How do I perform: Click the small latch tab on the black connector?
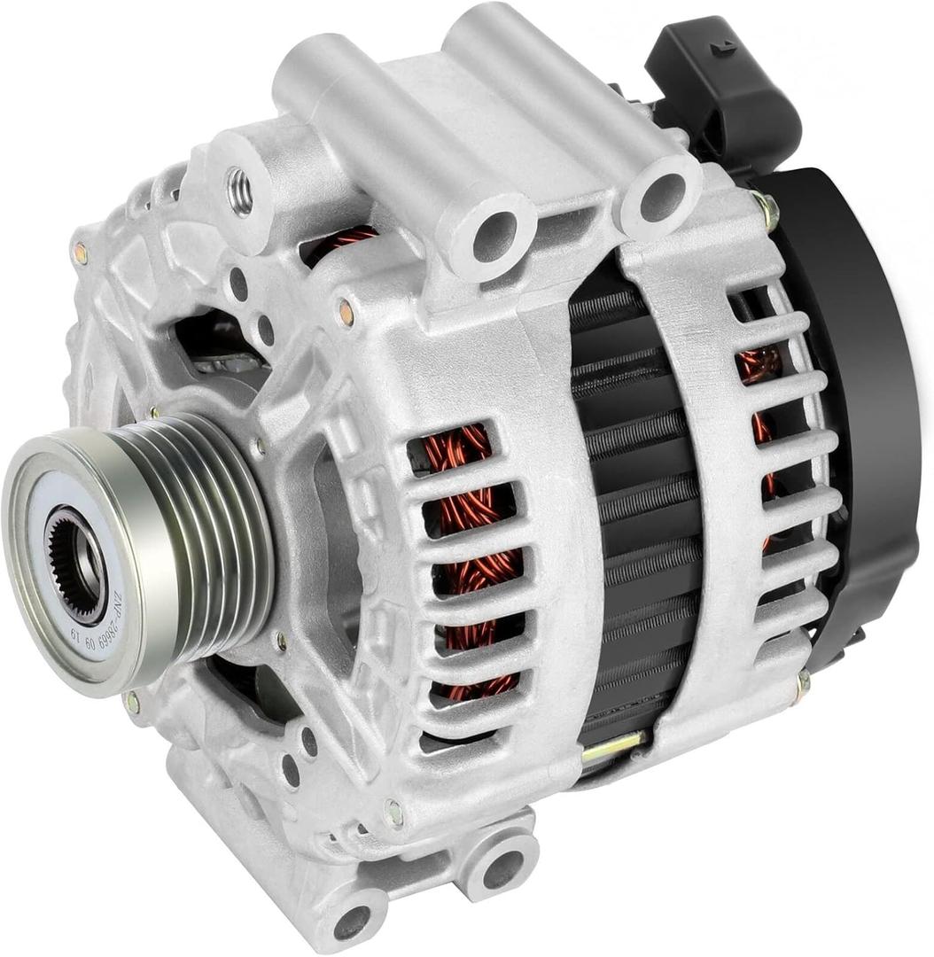pos(722,47)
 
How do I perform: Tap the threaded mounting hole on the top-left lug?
pos(240,191)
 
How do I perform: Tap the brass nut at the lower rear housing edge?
pos(802,683)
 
